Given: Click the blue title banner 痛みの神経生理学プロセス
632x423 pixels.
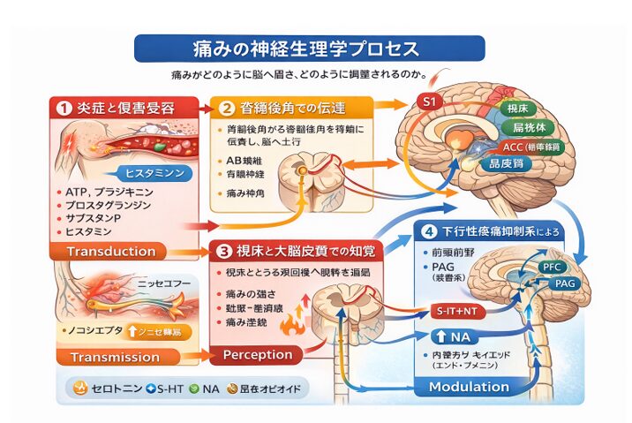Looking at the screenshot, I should pos(309,48).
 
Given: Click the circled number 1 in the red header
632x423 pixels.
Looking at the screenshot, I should pos(64,109).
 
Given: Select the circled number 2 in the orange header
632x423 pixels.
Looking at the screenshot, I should pos(226,109).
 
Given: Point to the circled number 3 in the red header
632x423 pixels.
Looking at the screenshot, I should pos(225,251).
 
